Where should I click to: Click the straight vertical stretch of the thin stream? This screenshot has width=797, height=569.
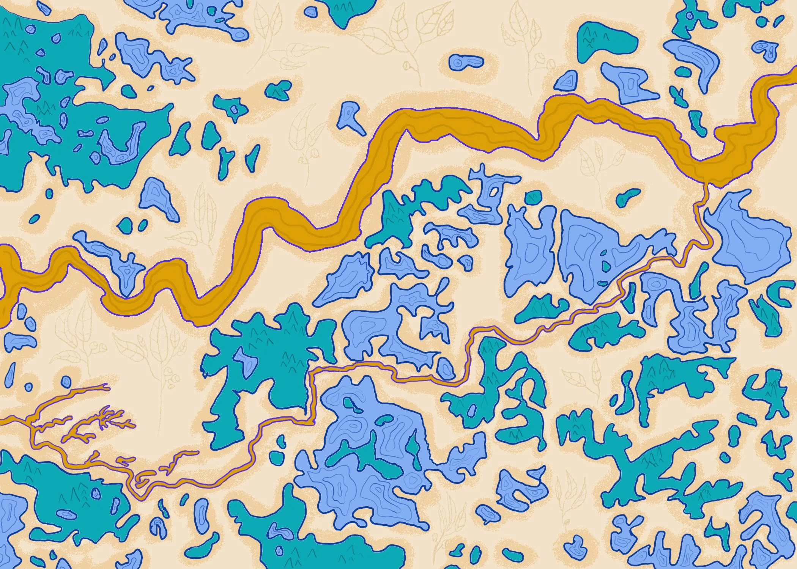(x=312, y=395)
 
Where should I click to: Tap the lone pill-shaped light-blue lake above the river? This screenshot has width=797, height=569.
(x=466, y=62)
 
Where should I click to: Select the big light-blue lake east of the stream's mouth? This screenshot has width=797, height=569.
(x=744, y=239)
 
